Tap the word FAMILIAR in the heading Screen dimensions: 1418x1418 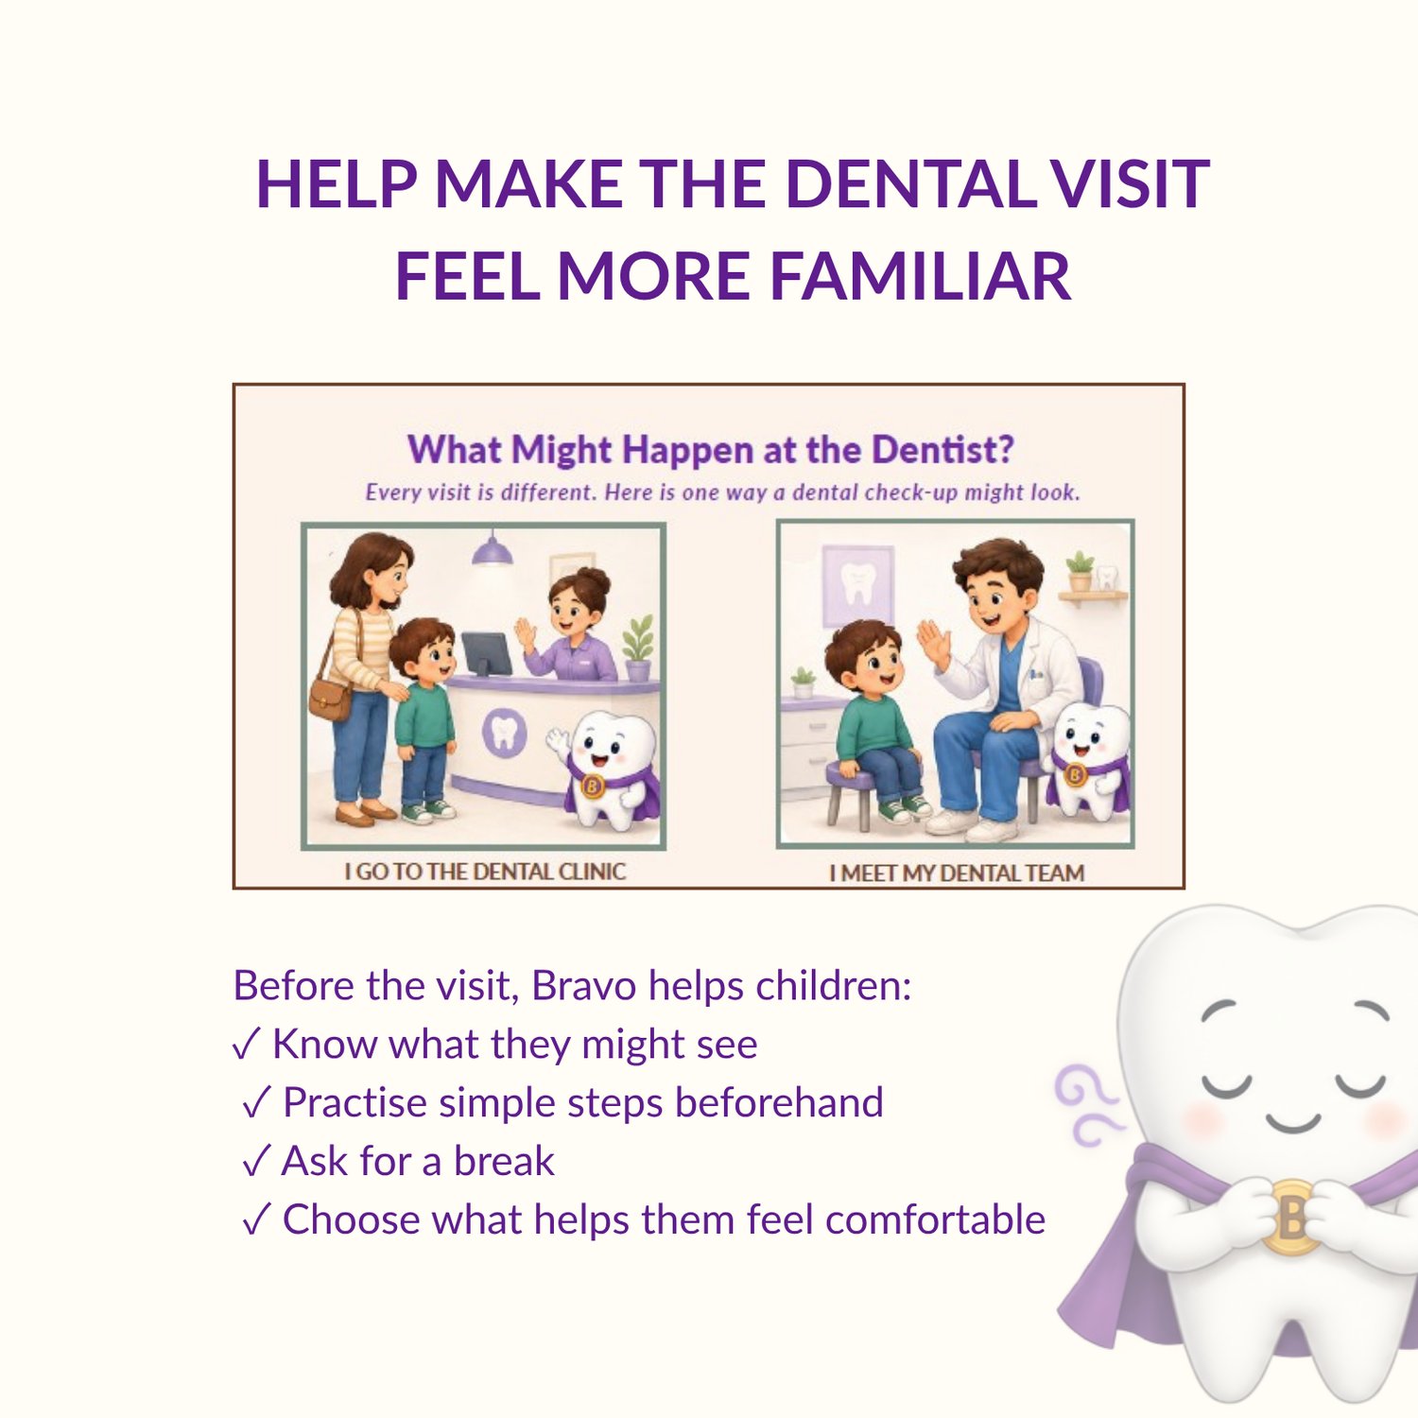pyautogui.click(x=922, y=276)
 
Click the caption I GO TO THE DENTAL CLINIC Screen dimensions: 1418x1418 pyautogui.click(x=485, y=871)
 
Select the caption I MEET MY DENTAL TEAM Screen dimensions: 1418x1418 pyautogui.click(x=957, y=873)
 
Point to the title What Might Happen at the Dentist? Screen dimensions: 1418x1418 pyautogui.click(x=710, y=450)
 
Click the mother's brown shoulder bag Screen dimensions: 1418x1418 pyautogui.click(x=330, y=698)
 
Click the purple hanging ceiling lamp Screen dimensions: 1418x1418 pyautogui.click(x=492, y=549)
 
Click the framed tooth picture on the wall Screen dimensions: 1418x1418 pyautogui.click(x=857, y=585)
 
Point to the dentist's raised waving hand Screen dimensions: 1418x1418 pyautogui.click(x=932, y=645)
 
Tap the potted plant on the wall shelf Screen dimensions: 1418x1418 pyautogui.click(x=1080, y=571)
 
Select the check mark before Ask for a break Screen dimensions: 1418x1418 pyautogui.click(x=256, y=1162)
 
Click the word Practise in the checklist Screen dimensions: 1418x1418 pyautogui.click(x=354, y=1103)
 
